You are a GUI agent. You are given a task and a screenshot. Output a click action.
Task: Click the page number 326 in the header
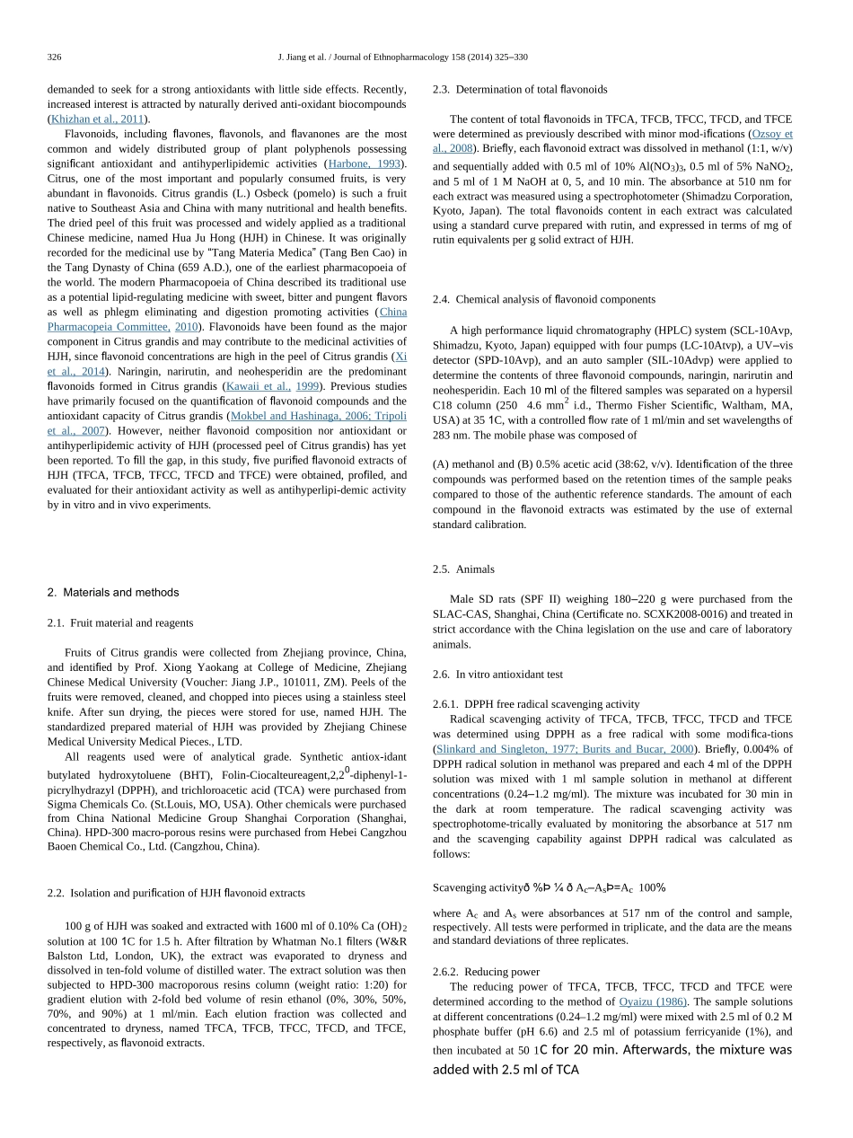[x=54, y=57]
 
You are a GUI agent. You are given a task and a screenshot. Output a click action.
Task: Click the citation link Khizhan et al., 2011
[x=99, y=119]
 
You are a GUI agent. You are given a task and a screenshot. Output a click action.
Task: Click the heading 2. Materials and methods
[x=112, y=593]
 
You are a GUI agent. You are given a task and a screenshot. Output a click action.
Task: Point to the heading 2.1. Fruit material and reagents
[x=119, y=622]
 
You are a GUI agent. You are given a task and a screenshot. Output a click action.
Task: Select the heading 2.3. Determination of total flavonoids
[x=519, y=90]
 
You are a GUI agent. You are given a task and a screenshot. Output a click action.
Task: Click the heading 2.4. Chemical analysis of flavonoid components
[x=543, y=299]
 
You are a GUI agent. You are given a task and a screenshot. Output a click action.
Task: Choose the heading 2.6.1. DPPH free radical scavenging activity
[x=535, y=704]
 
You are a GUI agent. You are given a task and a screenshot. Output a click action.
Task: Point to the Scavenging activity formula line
[x=549, y=888]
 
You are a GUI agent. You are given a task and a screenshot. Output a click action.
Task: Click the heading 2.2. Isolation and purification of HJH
[x=175, y=893]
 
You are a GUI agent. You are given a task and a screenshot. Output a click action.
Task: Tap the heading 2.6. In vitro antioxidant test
[x=497, y=675]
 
